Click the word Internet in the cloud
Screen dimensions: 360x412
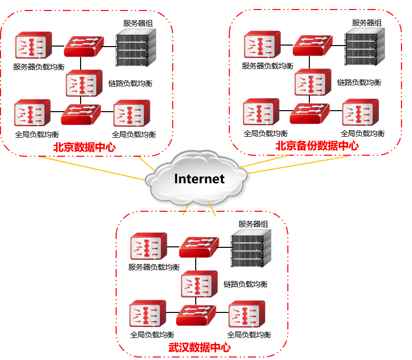point(199,179)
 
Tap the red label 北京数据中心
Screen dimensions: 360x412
point(84,148)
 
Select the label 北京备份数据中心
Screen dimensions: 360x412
point(317,146)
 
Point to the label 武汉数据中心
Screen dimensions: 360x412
point(200,347)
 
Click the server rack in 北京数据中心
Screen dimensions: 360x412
point(136,48)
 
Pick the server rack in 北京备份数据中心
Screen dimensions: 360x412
point(364,47)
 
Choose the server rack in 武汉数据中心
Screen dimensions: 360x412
point(250,248)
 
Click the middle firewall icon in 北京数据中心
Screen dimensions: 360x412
point(84,83)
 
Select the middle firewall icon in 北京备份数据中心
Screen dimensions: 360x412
point(312,82)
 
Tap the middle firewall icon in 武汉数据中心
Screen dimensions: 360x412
point(199,284)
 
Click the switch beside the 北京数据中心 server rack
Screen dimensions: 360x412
point(83,46)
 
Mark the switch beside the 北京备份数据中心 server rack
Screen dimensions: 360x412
point(312,45)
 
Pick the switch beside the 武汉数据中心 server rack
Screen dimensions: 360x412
point(198,247)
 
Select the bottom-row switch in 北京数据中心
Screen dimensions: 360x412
point(80,114)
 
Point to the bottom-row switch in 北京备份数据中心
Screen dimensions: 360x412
point(309,113)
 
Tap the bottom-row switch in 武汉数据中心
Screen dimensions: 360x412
point(195,315)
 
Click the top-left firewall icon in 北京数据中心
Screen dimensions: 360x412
point(33,45)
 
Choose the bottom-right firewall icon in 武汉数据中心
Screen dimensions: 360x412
point(246,314)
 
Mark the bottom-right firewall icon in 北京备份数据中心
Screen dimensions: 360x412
point(360,112)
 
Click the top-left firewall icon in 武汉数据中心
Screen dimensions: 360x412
point(148,246)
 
